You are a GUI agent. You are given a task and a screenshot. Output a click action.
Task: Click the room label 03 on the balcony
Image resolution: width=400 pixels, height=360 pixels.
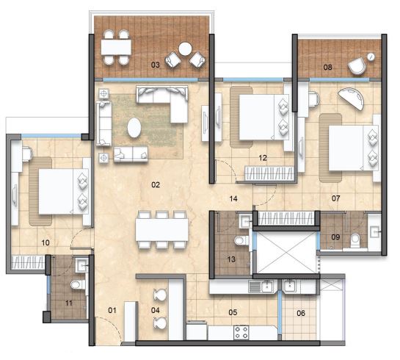pyautogui.click(x=156, y=65)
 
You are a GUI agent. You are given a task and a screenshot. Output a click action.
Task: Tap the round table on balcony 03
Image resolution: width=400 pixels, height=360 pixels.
pyautogui.click(x=185, y=48)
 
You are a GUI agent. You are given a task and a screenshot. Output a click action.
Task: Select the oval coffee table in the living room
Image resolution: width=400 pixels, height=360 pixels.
pyautogui.click(x=134, y=127)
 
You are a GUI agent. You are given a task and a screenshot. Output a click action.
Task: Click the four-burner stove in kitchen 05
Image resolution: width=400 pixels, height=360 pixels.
pyautogui.click(x=241, y=333)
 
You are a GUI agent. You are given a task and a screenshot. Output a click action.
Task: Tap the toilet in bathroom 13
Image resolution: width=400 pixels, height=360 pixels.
pyautogui.click(x=241, y=240)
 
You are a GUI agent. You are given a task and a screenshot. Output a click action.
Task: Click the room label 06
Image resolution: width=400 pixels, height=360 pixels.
pyautogui.click(x=301, y=313)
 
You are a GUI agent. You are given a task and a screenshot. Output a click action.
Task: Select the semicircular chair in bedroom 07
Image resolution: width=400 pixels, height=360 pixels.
pyautogui.click(x=352, y=98)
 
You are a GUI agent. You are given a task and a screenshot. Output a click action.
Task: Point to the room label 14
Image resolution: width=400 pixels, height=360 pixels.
pyautogui.click(x=233, y=198)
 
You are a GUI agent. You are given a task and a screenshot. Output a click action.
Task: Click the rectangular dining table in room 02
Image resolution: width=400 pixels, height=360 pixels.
pyautogui.click(x=161, y=229)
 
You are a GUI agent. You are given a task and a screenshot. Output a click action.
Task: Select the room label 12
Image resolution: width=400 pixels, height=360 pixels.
pyautogui.click(x=263, y=158)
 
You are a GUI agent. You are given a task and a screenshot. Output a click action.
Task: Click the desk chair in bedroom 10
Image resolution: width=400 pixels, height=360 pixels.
pyautogui.click(x=28, y=154)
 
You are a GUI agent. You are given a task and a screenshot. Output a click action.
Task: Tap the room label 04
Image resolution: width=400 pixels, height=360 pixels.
pyautogui.click(x=155, y=310)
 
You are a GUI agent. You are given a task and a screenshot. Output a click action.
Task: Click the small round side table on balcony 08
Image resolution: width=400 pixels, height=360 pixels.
pyautogui.click(x=371, y=57)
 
